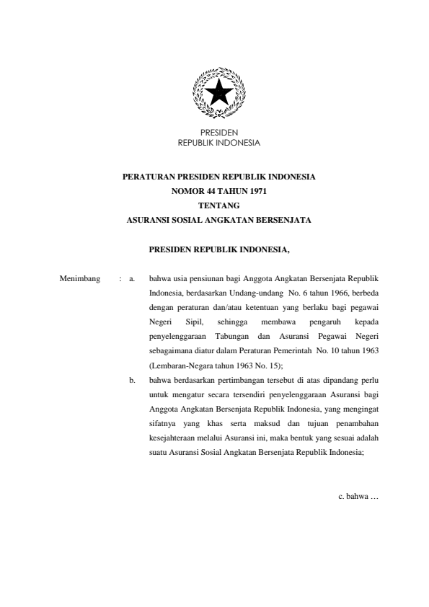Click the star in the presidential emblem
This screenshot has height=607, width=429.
(218, 93)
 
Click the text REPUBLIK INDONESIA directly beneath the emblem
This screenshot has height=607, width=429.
(218, 143)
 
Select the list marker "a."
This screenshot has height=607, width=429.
(133, 277)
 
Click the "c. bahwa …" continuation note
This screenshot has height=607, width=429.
(358, 497)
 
